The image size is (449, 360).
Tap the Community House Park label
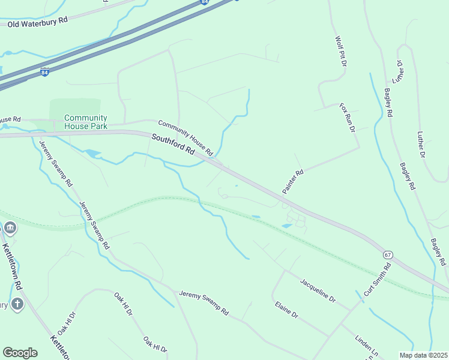pos(85,122)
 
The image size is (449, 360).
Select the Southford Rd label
pos(173,145)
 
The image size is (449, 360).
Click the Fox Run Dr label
pos(348,118)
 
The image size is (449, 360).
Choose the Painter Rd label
pos(294,181)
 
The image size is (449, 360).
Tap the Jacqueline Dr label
pos(318,288)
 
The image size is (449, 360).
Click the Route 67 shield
pos(388,254)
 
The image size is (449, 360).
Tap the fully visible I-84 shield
pos(44,72)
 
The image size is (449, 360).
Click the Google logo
pos(20,353)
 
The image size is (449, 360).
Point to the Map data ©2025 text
pos(424,355)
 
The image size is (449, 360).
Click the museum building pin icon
pos(10,228)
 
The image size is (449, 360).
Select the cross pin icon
pos(17,304)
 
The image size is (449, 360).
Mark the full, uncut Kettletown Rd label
pos(13,264)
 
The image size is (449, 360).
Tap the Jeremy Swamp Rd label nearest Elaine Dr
pos(204,302)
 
